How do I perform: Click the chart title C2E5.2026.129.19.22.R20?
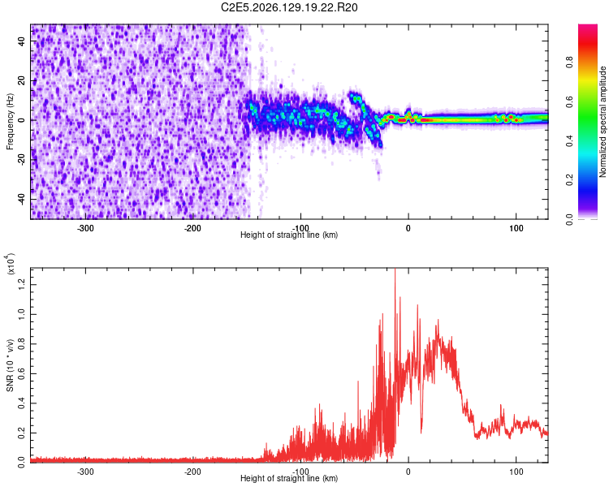click(289, 7)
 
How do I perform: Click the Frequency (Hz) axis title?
click(10, 122)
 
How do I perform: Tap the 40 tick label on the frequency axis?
click(22, 41)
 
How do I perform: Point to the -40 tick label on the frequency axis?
click(22, 198)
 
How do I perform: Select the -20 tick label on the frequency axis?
click(22, 158)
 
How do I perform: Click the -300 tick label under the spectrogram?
click(85, 228)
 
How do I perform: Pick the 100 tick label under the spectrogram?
click(516, 228)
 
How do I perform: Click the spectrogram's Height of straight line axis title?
click(289, 235)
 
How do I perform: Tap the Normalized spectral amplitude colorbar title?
click(603, 122)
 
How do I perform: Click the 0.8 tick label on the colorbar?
click(569, 62)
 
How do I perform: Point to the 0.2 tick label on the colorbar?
click(569, 180)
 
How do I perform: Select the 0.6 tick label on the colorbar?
click(569, 101)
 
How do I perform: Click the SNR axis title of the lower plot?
click(10, 365)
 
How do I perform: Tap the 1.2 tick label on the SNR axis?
click(22, 285)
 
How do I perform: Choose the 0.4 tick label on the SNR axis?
click(22, 403)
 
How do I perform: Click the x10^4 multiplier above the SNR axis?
click(10, 264)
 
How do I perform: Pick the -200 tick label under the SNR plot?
click(192, 472)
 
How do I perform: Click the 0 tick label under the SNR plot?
click(408, 472)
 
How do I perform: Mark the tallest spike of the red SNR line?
click(395, 269)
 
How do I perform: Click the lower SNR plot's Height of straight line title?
click(289, 478)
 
